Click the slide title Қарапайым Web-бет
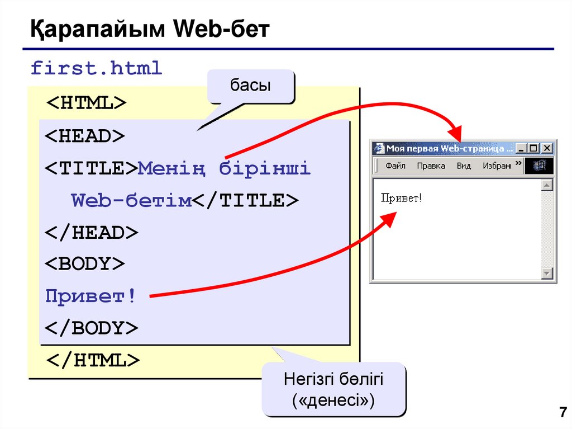[x=150, y=29]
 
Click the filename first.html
[x=96, y=68]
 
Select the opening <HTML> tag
[x=86, y=103]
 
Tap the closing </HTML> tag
[x=93, y=360]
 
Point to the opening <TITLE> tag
[x=91, y=168]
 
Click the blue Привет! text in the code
[x=90, y=296]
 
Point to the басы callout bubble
[x=250, y=86]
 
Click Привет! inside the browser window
[x=401, y=198]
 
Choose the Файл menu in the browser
[x=395, y=166]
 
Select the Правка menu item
[x=431, y=166]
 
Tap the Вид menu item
[x=464, y=166]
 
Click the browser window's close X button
[x=547, y=148]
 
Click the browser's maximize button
[x=534, y=148]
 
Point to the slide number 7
[x=562, y=413]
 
